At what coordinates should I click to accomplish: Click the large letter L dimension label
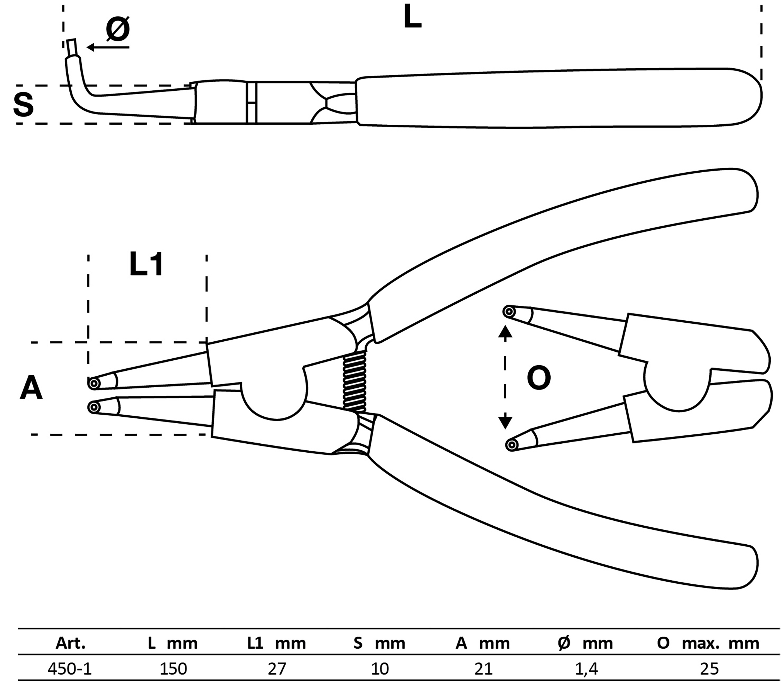[x=412, y=17]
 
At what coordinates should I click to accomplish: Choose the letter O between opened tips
[x=539, y=378]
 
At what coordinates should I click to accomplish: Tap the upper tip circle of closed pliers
[x=93, y=383]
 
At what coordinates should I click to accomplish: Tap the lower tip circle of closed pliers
[x=93, y=408]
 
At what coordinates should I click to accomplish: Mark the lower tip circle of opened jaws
[x=512, y=445]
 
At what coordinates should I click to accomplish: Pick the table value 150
[x=173, y=668]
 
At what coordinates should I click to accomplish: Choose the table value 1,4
[x=586, y=668]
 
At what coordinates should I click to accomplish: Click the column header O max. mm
[x=708, y=643]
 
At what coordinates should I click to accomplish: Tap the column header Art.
[x=71, y=643]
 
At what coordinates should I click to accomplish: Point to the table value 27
[x=276, y=668]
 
